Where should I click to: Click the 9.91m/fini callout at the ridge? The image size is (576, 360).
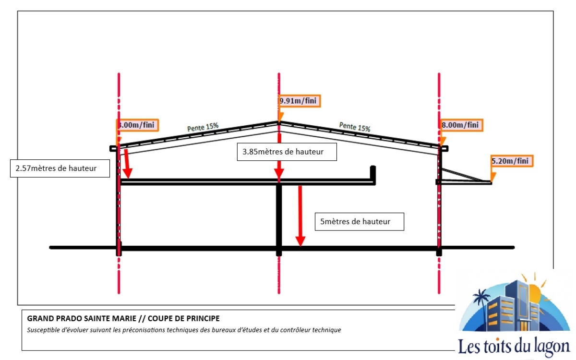coord(300,101)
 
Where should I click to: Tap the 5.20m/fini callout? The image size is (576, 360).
coord(512,161)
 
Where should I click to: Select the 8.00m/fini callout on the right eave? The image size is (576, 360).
coord(460,125)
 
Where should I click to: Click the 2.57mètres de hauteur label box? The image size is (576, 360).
coord(60,168)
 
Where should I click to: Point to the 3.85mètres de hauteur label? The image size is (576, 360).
coord(287,152)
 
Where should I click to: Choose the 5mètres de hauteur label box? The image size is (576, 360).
coord(355,222)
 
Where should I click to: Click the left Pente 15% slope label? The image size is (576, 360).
coord(203,127)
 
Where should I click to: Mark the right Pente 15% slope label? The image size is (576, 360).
coord(355,127)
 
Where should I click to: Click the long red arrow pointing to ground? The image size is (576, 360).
coord(300,216)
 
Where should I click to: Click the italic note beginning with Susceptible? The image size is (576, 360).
coord(184,330)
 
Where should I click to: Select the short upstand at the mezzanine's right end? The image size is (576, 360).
coord(373,174)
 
